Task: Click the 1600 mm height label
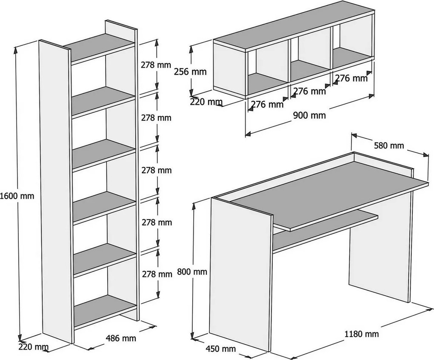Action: (x=17, y=196)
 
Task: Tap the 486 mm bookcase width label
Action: (x=121, y=338)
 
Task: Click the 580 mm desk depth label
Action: (x=389, y=146)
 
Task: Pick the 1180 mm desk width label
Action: (x=362, y=334)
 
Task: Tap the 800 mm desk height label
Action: (x=192, y=271)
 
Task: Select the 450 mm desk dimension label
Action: (x=220, y=349)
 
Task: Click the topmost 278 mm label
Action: (x=156, y=65)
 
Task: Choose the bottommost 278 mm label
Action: (x=157, y=274)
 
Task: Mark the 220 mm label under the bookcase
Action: (x=33, y=347)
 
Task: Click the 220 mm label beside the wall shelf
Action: (x=206, y=102)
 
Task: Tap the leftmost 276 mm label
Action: (x=267, y=104)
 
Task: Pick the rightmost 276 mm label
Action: (x=351, y=78)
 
